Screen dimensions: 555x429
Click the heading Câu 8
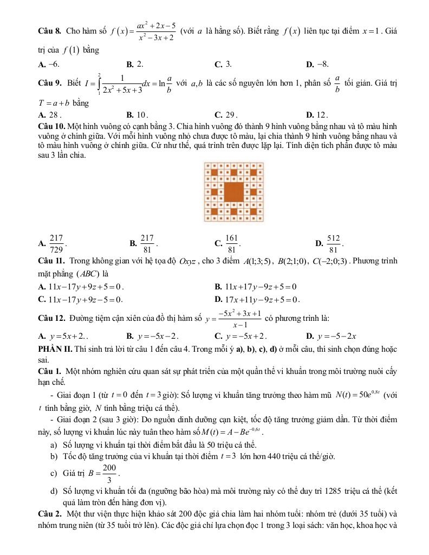pyautogui.click(x=43, y=31)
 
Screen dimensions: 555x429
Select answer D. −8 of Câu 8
pyautogui.click(x=317, y=64)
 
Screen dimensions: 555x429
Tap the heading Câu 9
pyautogui.click(x=43, y=84)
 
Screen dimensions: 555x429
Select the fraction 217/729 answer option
pyautogui.click(x=56, y=242)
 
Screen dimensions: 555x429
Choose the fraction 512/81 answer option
pyautogui.click(x=333, y=242)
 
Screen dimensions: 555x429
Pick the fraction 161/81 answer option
pyautogui.click(x=231, y=242)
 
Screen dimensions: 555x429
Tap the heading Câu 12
pyautogui.click(x=45, y=317)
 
